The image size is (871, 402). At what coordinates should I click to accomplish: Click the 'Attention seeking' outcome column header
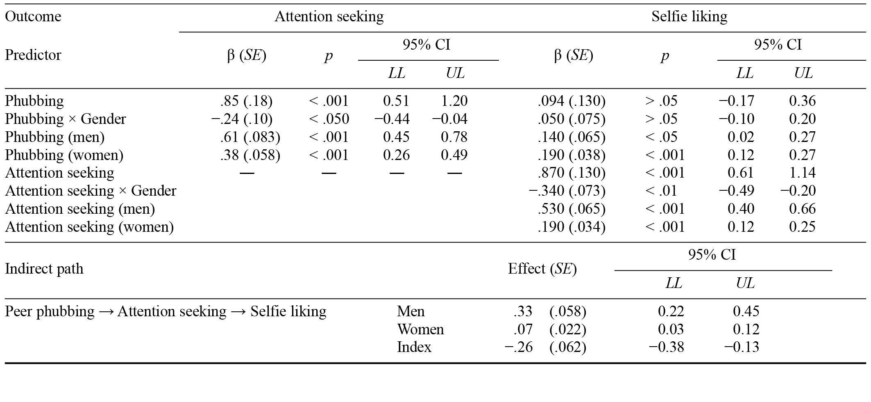click(x=329, y=17)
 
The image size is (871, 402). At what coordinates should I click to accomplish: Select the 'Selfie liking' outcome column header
click(x=689, y=17)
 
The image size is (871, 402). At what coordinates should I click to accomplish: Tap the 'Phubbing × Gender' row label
click(x=66, y=119)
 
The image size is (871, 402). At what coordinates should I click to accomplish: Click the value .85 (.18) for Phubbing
click(x=246, y=101)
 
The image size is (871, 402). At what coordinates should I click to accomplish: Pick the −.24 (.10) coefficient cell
click(x=242, y=119)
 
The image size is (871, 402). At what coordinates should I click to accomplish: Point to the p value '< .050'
click(x=329, y=119)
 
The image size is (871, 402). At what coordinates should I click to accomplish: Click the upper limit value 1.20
click(x=455, y=101)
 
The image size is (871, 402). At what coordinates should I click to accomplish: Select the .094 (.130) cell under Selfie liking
click(x=572, y=101)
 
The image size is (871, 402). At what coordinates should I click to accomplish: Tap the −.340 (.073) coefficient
click(x=567, y=191)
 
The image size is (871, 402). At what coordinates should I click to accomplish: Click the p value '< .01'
click(x=661, y=191)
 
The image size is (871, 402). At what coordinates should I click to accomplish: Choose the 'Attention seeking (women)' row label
click(x=89, y=227)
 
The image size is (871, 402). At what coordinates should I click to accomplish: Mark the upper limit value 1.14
click(x=802, y=173)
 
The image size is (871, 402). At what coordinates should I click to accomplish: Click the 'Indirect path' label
click(x=44, y=269)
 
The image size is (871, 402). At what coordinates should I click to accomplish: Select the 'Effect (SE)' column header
click(x=542, y=269)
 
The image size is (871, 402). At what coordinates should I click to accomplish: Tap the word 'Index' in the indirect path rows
click(x=414, y=347)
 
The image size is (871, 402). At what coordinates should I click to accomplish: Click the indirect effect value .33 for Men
click(x=523, y=311)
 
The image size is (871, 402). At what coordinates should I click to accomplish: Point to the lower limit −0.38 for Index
click(x=666, y=347)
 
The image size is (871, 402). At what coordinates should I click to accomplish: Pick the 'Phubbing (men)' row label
click(x=55, y=137)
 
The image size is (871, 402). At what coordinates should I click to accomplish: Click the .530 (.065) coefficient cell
click(x=572, y=209)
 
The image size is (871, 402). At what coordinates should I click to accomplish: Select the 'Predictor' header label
click(x=33, y=55)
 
